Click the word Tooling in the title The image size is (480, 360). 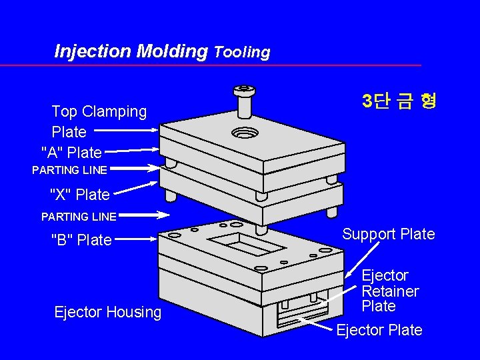click(x=242, y=52)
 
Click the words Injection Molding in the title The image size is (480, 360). click(x=131, y=51)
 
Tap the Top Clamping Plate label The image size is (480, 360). click(x=99, y=121)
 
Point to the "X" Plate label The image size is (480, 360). click(x=79, y=195)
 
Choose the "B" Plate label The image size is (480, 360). click(x=81, y=240)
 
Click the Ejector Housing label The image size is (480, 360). click(x=107, y=312)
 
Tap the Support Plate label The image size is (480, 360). click(x=388, y=234)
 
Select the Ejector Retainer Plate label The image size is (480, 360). click(x=390, y=291)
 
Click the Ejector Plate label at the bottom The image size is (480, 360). click(x=379, y=330)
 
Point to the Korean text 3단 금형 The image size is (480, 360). click(x=399, y=101)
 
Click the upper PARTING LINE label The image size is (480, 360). click(x=69, y=170)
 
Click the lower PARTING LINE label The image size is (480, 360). click(x=79, y=216)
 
